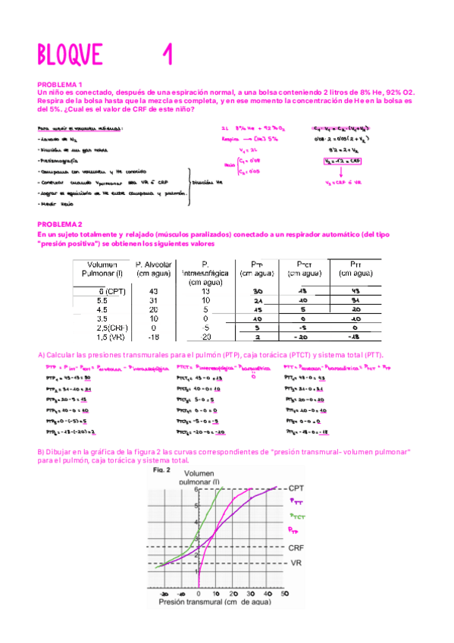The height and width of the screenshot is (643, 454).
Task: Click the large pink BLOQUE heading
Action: [70, 55]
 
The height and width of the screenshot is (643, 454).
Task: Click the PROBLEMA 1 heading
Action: [60, 84]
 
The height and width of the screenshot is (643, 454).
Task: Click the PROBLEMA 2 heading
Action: [60, 225]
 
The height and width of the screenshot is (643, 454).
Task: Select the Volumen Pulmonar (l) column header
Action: [101, 269]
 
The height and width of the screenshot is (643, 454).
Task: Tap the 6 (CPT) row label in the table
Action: [101, 291]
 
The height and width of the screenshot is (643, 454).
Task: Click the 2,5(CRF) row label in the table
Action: [101, 329]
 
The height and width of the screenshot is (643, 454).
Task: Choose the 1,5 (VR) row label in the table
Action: [101, 338]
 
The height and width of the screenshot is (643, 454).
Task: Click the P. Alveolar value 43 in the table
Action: [154, 291]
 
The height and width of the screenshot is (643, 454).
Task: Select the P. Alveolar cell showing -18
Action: [154, 338]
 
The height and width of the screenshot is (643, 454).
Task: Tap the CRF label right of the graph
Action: [297, 547]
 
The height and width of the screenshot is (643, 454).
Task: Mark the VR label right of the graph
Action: [296, 563]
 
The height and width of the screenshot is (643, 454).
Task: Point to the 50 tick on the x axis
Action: [285, 594]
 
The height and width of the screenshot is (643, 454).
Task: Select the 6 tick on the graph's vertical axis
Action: [193, 489]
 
